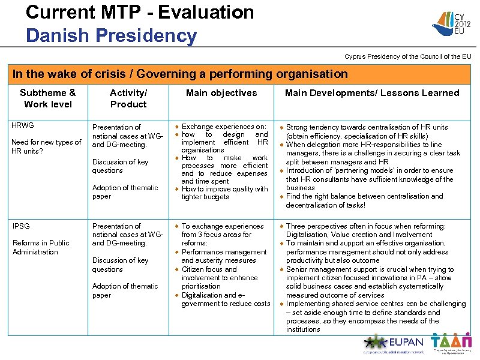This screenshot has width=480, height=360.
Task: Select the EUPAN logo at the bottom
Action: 392,344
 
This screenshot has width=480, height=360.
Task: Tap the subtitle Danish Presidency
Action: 111,35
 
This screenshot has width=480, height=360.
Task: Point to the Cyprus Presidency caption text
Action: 407,56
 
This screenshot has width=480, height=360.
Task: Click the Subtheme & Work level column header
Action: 47,98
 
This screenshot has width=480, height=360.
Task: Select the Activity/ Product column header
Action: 128,98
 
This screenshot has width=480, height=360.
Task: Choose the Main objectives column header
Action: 221,93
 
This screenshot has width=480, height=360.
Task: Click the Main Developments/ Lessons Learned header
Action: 371,93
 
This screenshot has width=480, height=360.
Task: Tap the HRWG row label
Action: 23,125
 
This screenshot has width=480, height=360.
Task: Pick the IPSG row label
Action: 21,226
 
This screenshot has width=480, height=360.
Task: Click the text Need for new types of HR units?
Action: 47,146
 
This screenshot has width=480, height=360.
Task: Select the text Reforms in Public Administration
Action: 41,247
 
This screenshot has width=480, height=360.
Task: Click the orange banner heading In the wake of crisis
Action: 180,74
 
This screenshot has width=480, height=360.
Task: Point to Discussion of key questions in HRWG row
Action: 120,166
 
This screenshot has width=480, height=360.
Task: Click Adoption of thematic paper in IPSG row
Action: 125,290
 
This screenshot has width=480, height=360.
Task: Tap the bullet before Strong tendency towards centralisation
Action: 281,127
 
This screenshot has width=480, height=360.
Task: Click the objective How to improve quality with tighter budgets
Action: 224,193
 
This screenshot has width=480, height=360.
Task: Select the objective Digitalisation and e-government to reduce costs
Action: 226,299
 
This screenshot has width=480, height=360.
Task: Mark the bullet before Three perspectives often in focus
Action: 281,226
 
